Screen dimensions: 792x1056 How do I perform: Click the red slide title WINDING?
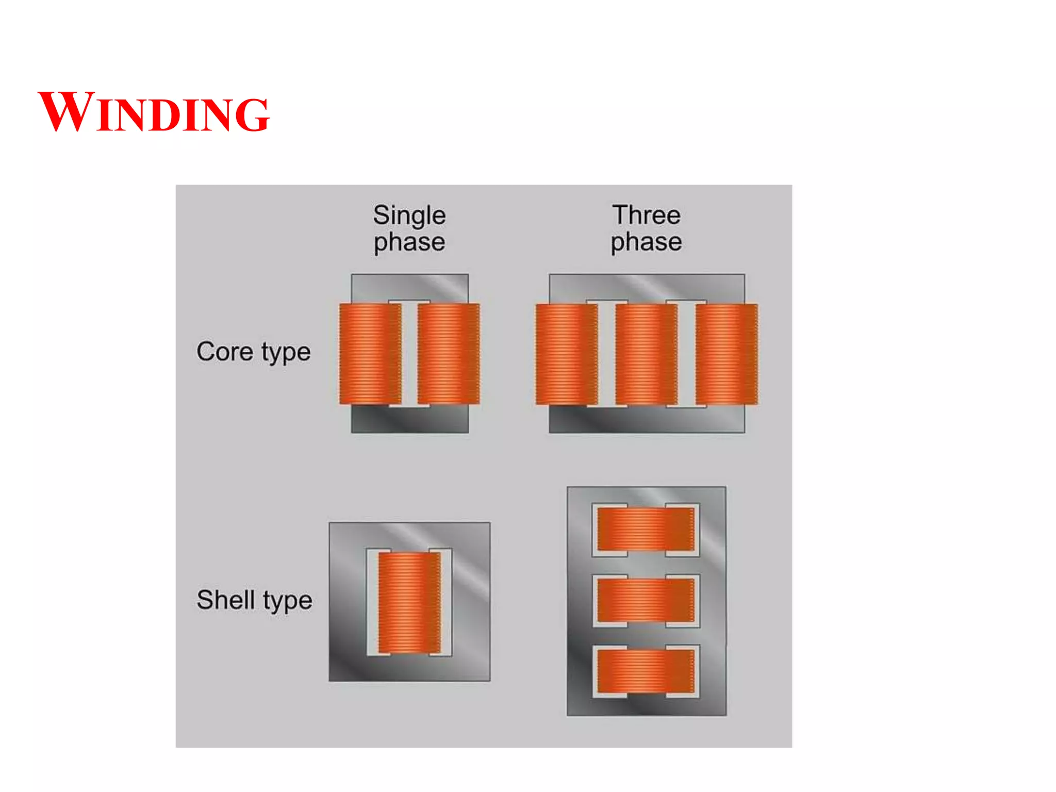[x=154, y=112]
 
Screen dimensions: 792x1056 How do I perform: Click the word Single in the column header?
[x=409, y=216]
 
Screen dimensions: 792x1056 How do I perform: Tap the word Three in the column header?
[x=646, y=215]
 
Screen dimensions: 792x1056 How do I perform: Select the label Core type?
[x=253, y=353]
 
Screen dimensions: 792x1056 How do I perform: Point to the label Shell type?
[x=254, y=601]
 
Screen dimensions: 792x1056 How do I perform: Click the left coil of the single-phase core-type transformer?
[x=370, y=354]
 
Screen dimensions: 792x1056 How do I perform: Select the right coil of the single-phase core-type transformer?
[x=448, y=354]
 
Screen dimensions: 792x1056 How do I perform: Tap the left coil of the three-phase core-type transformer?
[x=566, y=354]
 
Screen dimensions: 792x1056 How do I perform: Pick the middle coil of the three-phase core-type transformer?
[x=646, y=354]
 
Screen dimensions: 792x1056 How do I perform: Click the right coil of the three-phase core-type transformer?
[x=726, y=354]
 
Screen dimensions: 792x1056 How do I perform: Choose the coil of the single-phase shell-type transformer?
[x=409, y=602]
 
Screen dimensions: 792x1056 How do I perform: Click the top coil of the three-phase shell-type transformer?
[x=646, y=529]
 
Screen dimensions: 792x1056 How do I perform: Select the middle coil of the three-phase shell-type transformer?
[x=646, y=600]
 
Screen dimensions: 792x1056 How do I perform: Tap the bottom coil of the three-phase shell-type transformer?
[x=646, y=671]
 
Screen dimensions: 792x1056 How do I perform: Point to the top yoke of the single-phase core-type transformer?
[x=410, y=287]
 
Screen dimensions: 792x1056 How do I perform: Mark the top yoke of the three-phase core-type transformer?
[x=647, y=287]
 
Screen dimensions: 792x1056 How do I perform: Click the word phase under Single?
[x=409, y=242]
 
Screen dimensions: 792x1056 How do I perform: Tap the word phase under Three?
[x=646, y=242]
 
